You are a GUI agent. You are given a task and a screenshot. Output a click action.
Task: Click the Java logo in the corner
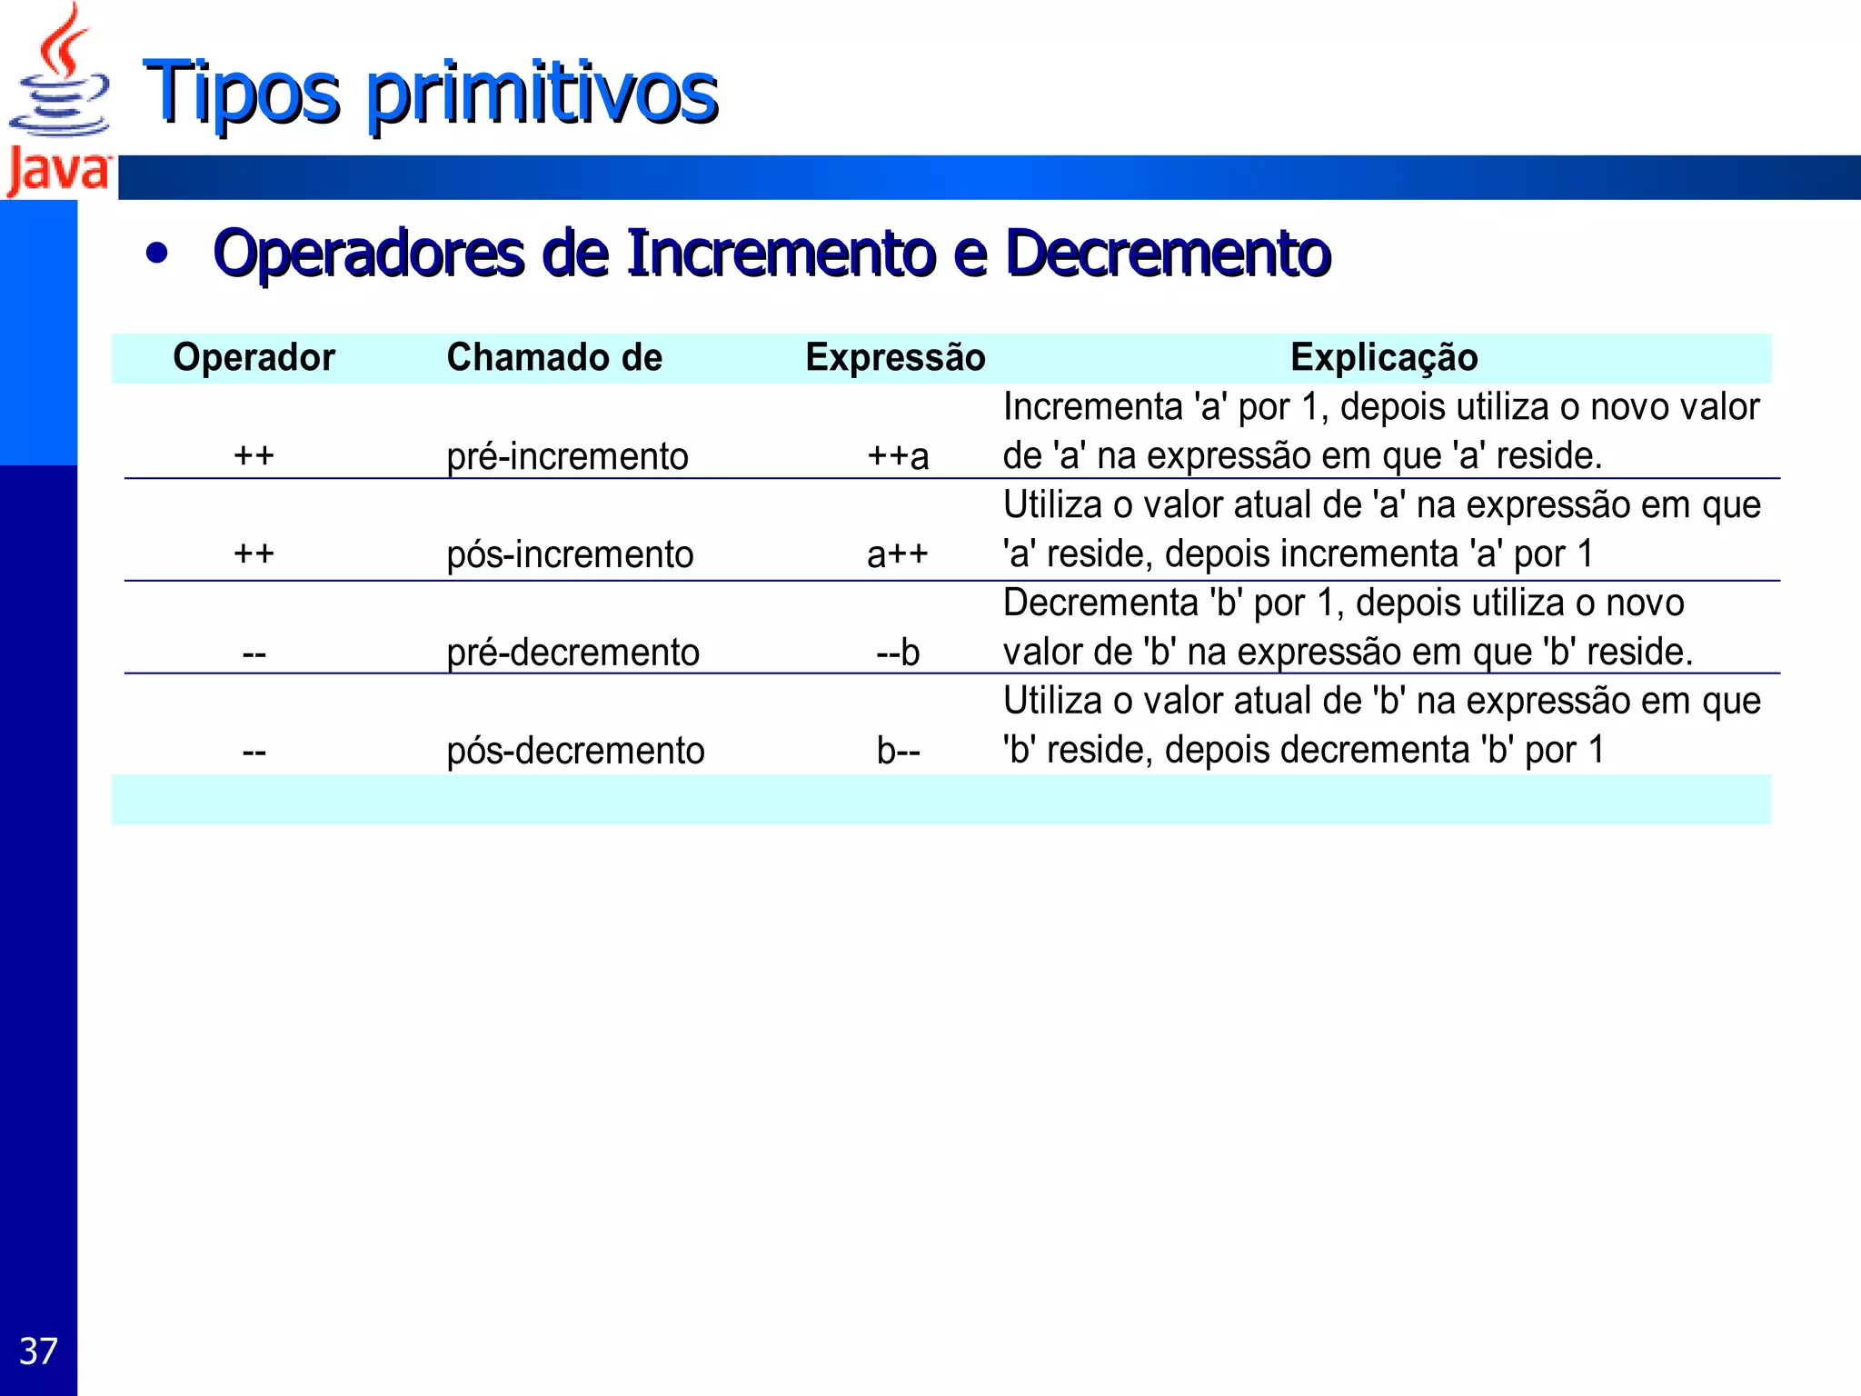click(x=58, y=100)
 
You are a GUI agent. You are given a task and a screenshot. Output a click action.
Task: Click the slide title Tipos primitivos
click(x=430, y=92)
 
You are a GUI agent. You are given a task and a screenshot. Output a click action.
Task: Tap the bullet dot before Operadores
click(x=157, y=254)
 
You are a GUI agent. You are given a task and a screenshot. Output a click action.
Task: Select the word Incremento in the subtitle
click(x=781, y=253)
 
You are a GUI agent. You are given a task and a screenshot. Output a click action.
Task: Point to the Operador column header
click(x=254, y=357)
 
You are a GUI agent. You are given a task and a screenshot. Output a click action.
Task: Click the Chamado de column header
click(x=554, y=357)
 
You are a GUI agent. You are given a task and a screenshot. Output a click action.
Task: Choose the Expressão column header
click(x=895, y=357)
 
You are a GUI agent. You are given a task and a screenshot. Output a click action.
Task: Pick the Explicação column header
click(x=1383, y=357)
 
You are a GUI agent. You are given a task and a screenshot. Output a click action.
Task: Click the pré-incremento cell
click(x=567, y=456)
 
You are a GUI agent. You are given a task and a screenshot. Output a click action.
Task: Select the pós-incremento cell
click(x=570, y=554)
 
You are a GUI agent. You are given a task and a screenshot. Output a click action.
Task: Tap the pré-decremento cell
click(x=572, y=653)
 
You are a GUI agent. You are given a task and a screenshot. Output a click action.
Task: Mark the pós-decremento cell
click(x=575, y=751)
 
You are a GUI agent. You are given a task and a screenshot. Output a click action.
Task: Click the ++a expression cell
click(x=898, y=456)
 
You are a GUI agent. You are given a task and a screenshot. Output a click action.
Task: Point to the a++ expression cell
click(x=898, y=554)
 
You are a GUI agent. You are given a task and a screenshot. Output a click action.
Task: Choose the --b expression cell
click(x=898, y=653)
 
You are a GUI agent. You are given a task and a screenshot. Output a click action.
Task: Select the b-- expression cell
click(x=898, y=751)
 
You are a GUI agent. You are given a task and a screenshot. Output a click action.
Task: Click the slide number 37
click(x=38, y=1351)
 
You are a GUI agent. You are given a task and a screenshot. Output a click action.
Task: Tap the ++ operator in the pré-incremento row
click(x=254, y=454)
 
